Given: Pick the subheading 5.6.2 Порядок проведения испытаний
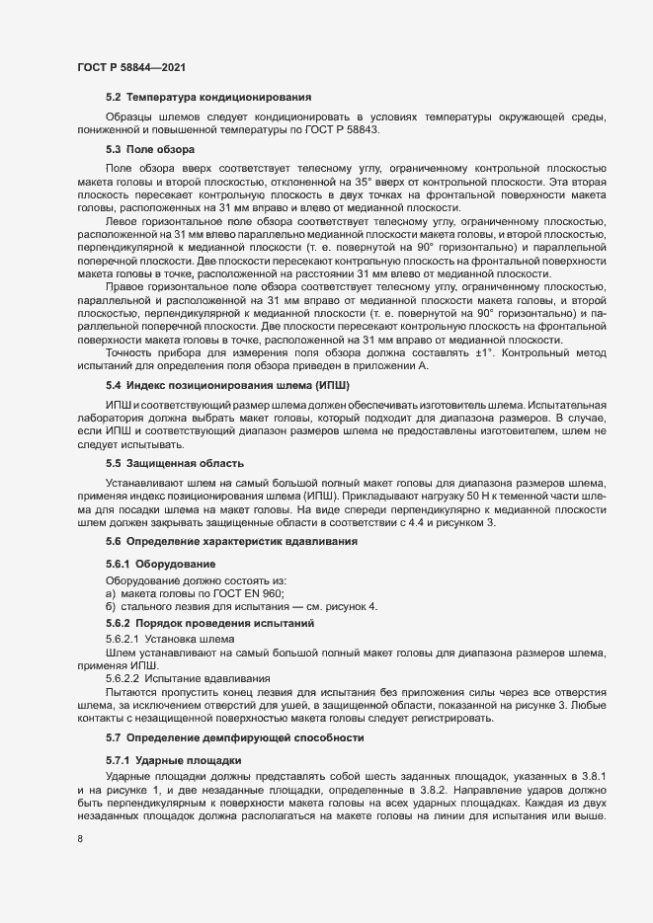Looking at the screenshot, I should [x=209, y=624].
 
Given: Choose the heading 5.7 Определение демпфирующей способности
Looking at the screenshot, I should [x=235, y=737].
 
